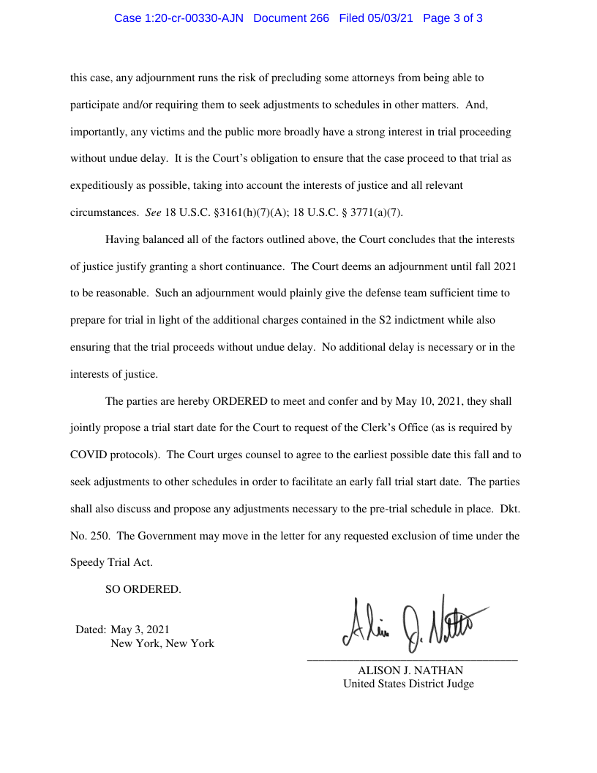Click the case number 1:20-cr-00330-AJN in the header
point(180,18)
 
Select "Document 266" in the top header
point(291,18)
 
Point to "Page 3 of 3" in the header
point(453,18)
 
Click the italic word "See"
point(153,212)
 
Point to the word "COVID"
point(89,455)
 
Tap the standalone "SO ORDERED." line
point(143,589)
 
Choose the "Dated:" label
point(91,629)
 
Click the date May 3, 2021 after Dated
point(140,629)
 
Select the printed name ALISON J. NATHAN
point(410,670)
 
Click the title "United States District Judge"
point(408,684)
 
